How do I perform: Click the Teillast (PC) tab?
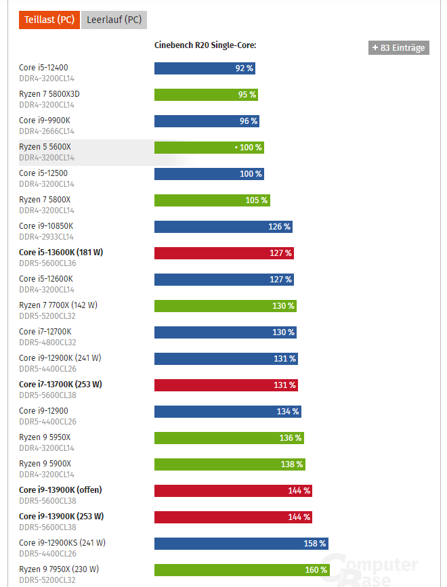[x=49, y=20]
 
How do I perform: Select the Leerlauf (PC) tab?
[x=114, y=20]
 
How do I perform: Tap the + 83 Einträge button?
[x=399, y=47]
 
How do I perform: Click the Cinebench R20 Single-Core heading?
[x=205, y=45]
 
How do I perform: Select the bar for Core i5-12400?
[x=205, y=68]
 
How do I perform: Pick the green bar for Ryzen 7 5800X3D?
[x=206, y=95]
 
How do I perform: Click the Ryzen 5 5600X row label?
[x=45, y=146]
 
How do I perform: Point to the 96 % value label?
[x=249, y=121]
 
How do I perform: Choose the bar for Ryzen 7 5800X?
[x=212, y=200]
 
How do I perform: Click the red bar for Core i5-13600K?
[x=223, y=253]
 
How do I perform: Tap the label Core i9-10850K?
[x=46, y=225]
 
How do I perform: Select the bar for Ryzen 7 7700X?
[x=225, y=306]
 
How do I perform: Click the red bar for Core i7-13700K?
[x=226, y=385]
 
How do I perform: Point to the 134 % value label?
[x=288, y=412]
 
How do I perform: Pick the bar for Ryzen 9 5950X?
[x=229, y=438]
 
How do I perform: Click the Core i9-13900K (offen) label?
[x=60, y=490]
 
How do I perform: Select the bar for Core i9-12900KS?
[x=241, y=544]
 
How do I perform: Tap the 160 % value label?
[x=316, y=570]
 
